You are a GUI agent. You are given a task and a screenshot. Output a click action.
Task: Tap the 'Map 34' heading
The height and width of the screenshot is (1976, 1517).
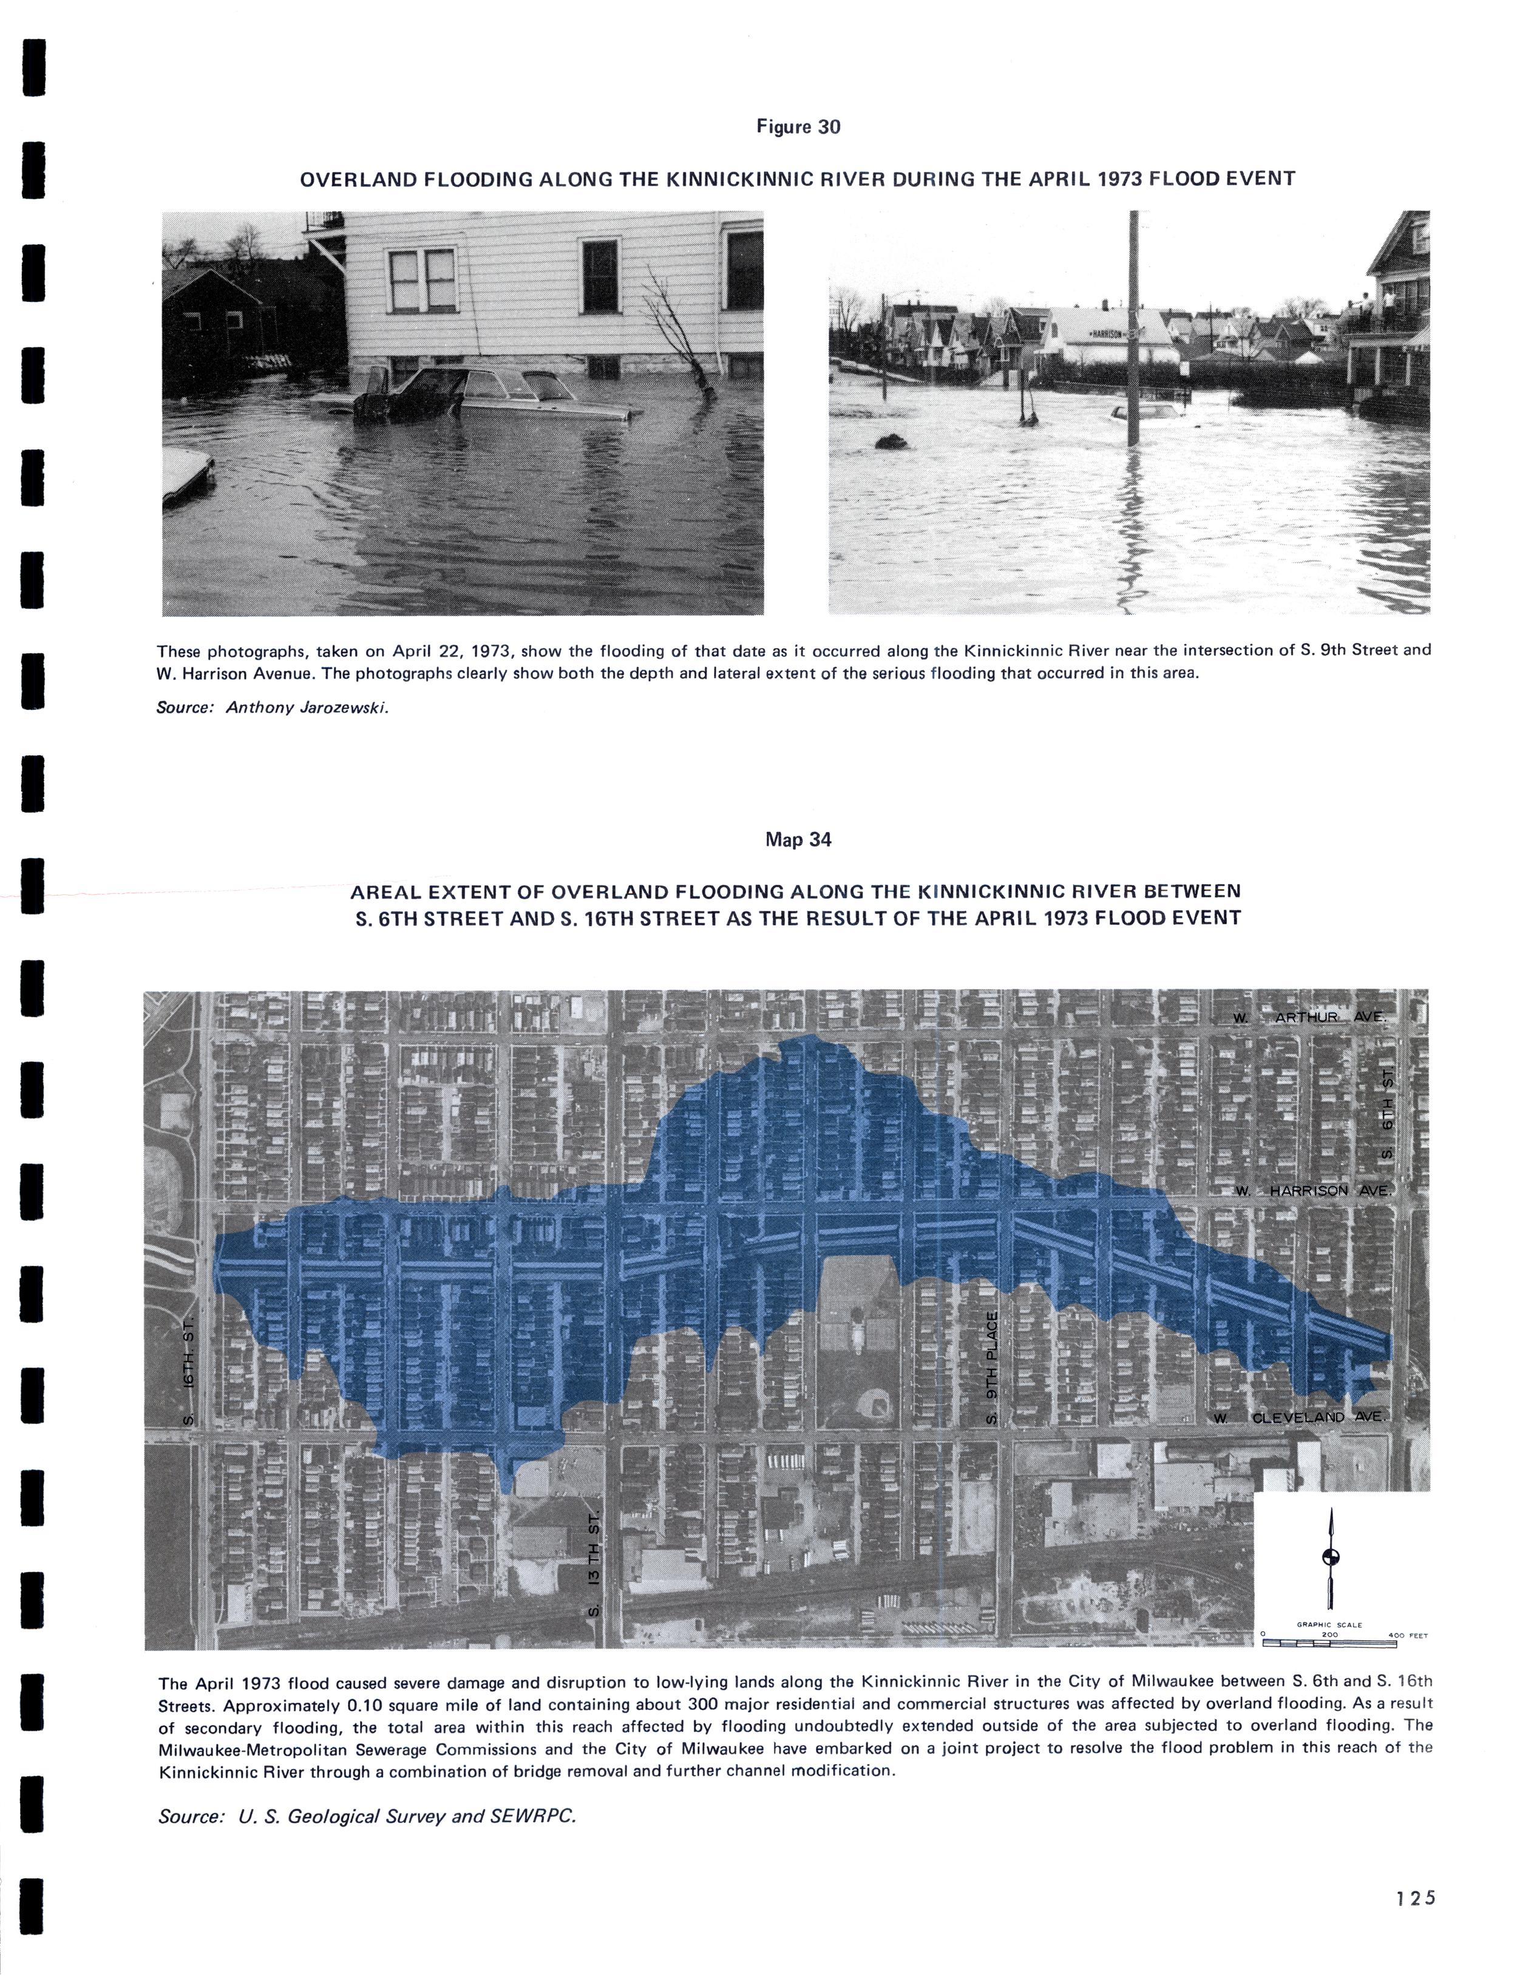798,839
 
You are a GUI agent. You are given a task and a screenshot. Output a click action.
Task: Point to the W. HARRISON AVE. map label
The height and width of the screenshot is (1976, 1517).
1314,1190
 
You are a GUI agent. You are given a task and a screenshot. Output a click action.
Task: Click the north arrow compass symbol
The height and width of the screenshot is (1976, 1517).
1330,1556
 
